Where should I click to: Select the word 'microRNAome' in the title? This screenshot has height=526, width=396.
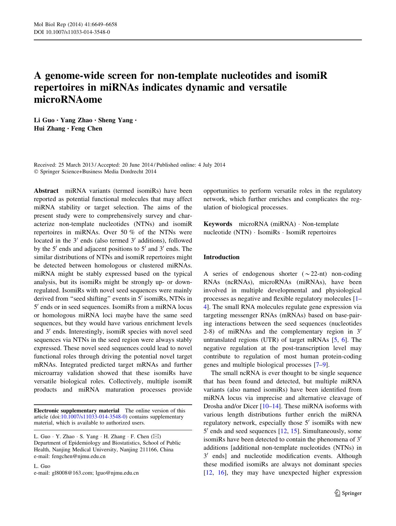click(68, 99)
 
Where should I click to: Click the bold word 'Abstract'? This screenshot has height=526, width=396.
click(46, 191)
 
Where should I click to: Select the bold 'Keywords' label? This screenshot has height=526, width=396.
click(218, 224)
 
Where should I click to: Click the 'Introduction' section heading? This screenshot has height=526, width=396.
click(221, 257)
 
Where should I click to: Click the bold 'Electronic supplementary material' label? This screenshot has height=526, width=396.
click(77, 411)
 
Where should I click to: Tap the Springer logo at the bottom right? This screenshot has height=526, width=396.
click(348, 493)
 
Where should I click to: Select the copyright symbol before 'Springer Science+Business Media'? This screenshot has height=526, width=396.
click(36, 172)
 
